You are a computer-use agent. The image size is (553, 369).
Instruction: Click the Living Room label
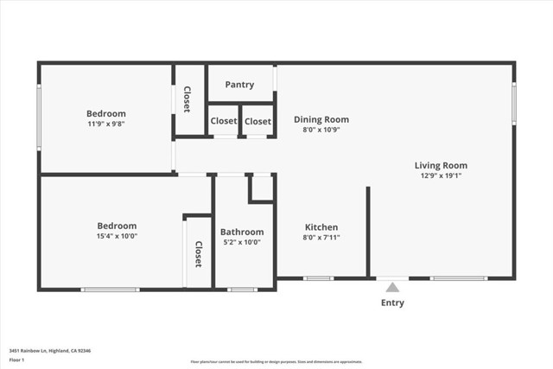(441, 165)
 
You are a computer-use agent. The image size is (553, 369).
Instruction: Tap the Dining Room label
(321, 119)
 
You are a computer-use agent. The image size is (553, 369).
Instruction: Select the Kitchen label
(321, 227)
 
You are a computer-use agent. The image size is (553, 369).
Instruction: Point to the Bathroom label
(242, 232)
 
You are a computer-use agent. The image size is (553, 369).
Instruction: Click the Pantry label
(239, 85)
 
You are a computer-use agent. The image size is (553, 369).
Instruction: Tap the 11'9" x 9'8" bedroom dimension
(105, 124)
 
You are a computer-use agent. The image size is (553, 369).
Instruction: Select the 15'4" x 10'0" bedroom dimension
(117, 236)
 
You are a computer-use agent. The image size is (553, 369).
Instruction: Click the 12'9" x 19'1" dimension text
(441, 175)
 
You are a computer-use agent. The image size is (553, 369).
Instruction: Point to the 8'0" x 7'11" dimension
(321, 238)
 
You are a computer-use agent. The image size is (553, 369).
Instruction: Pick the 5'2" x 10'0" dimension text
(242, 242)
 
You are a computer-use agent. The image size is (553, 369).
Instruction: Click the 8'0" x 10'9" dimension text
(321, 130)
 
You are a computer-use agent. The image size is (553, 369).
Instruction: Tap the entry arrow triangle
(392, 287)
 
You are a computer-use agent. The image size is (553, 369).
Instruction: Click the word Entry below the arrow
(392, 303)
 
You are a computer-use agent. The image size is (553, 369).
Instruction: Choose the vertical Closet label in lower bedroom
(198, 253)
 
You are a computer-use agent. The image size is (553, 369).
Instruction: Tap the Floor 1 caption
(16, 359)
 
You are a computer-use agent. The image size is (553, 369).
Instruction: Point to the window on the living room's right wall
(513, 102)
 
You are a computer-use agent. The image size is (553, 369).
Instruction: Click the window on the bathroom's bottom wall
(242, 289)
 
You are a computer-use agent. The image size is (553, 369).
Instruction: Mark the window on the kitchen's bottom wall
(318, 278)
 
